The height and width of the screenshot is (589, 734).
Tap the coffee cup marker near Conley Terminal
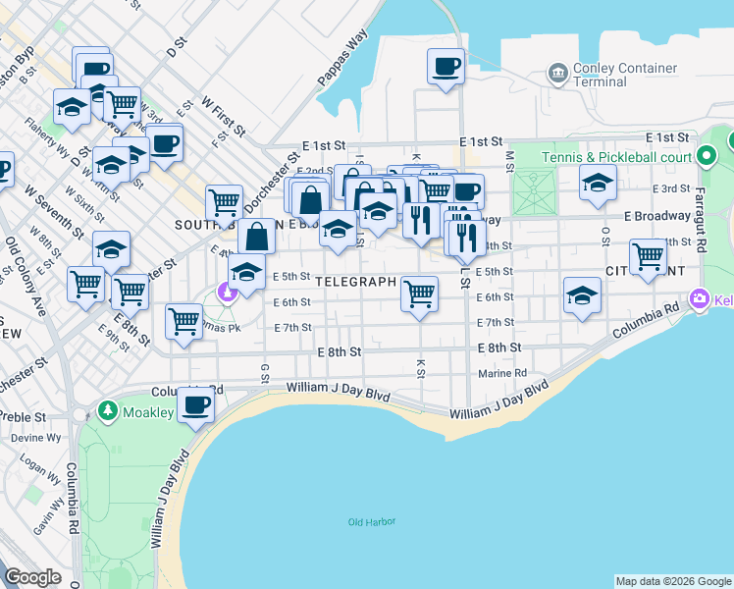pos(446,67)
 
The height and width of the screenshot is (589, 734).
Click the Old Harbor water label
pos(371,521)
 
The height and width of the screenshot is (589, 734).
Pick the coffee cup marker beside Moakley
pos(195,404)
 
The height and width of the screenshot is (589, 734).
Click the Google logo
pos(33,577)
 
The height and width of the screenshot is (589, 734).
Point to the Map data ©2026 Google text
pos(672,581)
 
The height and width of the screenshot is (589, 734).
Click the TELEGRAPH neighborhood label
pos(356,281)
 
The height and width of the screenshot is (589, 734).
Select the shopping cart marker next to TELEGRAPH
pos(419,294)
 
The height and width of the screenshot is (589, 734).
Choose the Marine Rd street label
pos(502,373)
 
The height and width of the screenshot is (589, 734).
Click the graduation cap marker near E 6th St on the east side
pos(582,295)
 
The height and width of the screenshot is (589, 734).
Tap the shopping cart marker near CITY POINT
pos(648,257)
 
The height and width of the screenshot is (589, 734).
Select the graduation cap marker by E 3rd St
pos(598,183)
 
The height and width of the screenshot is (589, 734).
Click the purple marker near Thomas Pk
pos(228,292)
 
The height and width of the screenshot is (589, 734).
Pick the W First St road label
pos(223,115)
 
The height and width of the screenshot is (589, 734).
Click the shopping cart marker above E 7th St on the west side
pos(184,321)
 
